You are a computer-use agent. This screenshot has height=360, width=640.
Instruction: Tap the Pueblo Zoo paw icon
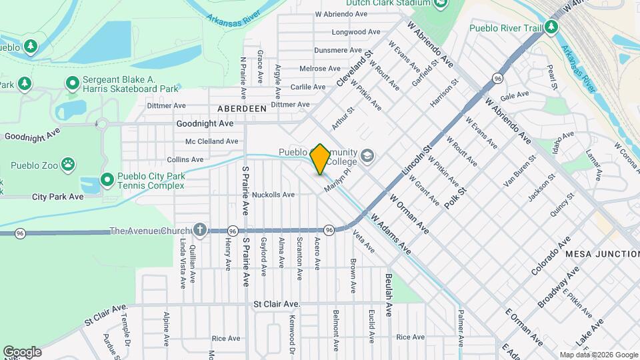68,163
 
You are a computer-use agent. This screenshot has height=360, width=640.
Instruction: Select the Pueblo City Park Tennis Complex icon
107,180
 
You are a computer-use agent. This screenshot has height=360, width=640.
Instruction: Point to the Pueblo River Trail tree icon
551,27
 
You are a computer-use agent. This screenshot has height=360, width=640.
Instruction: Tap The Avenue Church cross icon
199,231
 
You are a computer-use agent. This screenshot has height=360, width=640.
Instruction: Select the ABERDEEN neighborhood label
241,108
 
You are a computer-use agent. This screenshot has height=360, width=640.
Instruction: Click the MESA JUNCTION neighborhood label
602,254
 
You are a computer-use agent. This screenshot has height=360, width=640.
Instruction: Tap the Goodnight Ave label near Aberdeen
205,124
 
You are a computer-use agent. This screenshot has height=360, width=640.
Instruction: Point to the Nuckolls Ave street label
273,195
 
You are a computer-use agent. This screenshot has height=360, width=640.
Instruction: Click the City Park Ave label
58,197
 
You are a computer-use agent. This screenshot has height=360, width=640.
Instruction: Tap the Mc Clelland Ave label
211,141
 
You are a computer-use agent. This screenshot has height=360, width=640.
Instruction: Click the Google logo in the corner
22,351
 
